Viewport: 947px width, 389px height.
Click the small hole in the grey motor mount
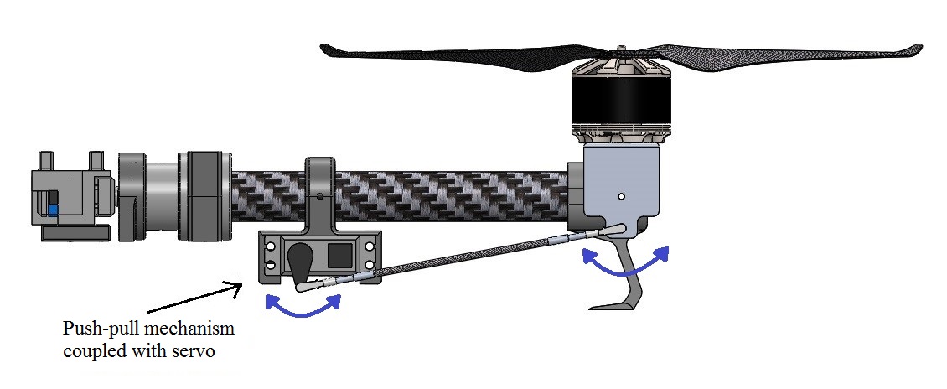620,196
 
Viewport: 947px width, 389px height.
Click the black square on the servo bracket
339,255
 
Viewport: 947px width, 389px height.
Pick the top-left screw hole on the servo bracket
270,246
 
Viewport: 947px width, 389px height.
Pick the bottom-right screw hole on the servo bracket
368,266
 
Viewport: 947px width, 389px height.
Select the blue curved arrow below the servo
303,307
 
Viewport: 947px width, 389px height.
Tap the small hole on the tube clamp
320,198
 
